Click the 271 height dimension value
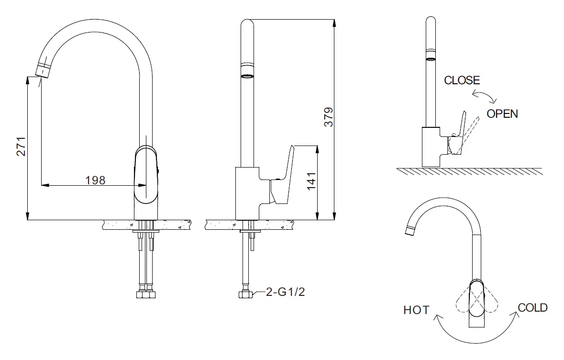(22, 146)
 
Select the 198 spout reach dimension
(95, 180)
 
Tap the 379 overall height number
(329, 117)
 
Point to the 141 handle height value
(311, 181)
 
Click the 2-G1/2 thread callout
(285, 292)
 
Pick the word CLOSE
(462, 80)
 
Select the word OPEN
(502, 114)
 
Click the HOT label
(417, 310)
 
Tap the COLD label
(533, 307)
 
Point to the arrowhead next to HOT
(437, 317)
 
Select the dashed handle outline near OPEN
(469, 135)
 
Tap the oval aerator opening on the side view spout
(247, 76)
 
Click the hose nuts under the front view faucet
(146, 294)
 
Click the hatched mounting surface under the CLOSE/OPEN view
(469, 171)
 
